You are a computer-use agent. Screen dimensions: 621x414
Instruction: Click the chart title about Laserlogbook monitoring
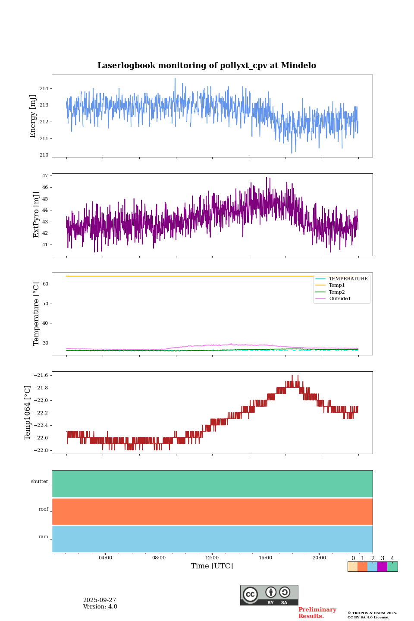click(x=207, y=66)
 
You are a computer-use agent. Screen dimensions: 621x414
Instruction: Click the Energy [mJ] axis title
click(x=33, y=116)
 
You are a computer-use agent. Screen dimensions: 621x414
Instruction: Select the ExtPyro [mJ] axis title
click(x=36, y=215)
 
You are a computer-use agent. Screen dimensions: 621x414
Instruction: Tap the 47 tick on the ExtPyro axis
click(x=45, y=176)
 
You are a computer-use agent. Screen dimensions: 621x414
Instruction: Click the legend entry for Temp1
click(x=337, y=285)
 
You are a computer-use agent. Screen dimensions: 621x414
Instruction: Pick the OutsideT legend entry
click(x=340, y=299)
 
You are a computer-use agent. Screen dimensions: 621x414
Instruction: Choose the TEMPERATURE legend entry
click(x=348, y=279)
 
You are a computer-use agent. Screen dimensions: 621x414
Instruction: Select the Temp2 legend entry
click(x=337, y=292)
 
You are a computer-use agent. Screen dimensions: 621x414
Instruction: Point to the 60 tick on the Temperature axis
click(x=45, y=284)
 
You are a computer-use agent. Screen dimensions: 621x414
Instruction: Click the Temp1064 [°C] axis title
click(x=28, y=413)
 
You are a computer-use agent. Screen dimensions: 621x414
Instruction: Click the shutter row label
click(x=40, y=482)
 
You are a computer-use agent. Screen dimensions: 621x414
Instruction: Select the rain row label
click(x=44, y=537)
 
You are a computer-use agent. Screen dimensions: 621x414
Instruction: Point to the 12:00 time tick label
click(x=212, y=558)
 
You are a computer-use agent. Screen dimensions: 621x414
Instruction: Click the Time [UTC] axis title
click(x=212, y=566)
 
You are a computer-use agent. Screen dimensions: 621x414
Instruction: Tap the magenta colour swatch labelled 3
click(x=382, y=567)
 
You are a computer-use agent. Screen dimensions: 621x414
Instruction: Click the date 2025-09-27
click(x=100, y=600)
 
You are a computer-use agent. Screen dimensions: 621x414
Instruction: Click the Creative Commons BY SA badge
click(x=269, y=595)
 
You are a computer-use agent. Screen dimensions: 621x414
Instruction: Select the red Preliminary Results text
click(x=317, y=613)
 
